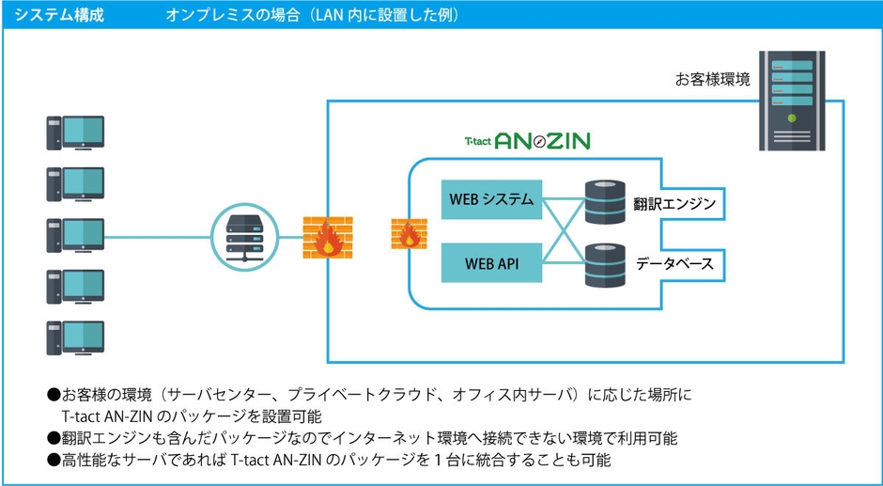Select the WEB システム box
[491, 199]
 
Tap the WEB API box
[491, 263]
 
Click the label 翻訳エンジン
[675, 203]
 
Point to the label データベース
[674, 264]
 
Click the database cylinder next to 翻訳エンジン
[605, 203]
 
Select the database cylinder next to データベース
[605, 264]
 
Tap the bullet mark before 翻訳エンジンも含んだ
[54, 438]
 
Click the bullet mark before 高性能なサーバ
[54, 461]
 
